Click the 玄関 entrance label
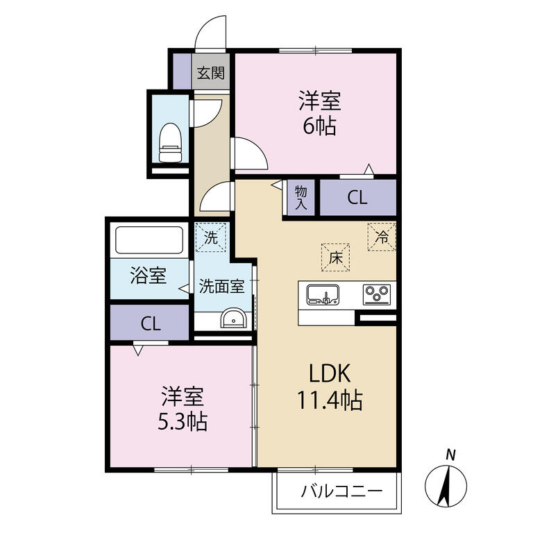[x=210, y=73]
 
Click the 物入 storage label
[x=301, y=197]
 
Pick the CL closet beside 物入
[x=357, y=197]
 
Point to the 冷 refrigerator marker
[x=381, y=236]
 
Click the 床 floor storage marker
[x=335, y=258]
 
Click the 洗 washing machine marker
[x=210, y=237]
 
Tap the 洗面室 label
[x=221, y=286]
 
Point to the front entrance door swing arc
[x=210, y=32]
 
